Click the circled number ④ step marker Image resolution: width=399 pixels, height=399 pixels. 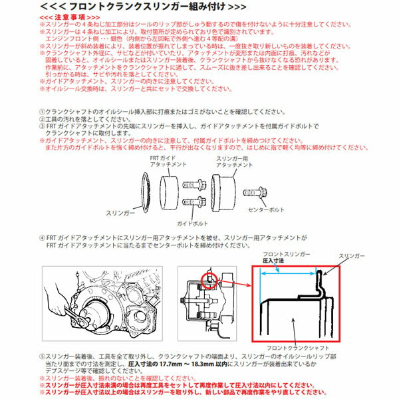[43, 237]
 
